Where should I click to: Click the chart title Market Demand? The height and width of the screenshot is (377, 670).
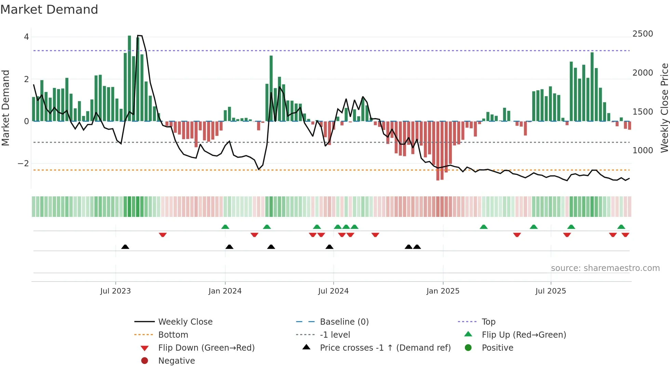[x=49, y=10]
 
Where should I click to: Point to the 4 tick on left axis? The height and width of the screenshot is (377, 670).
[x=26, y=37]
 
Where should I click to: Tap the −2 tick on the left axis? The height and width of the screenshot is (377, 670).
[x=24, y=164]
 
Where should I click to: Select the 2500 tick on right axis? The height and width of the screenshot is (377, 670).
[x=642, y=34]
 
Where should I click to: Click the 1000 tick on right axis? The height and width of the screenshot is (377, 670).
[x=642, y=151]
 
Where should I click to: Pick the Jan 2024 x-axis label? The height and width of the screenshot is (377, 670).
[x=225, y=291]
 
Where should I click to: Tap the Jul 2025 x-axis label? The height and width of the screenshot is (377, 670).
[x=550, y=291]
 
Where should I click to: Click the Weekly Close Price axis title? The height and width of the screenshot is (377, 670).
[x=664, y=108]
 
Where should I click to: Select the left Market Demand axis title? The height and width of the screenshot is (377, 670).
[x=6, y=108]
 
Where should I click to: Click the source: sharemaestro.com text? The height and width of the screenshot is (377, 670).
[x=605, y=268]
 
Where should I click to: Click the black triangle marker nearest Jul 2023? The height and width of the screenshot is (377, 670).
[x=125, y=247]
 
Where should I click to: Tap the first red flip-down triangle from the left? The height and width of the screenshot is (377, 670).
[x=163, y=235]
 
